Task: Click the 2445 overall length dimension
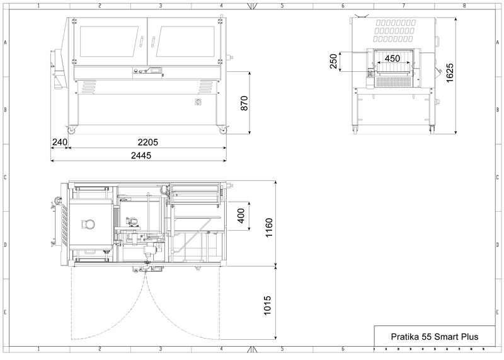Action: point(141,156)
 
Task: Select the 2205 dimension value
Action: point(148,142)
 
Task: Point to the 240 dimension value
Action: point(60,142)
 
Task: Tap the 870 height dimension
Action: point(244,103)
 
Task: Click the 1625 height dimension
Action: point(450,73)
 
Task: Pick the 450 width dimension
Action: point(392,59)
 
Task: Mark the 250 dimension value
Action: point(334,61)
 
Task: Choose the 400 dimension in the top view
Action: point(241,216)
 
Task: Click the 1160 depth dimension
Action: point(269,228)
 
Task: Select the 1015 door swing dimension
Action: point(267,306)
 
